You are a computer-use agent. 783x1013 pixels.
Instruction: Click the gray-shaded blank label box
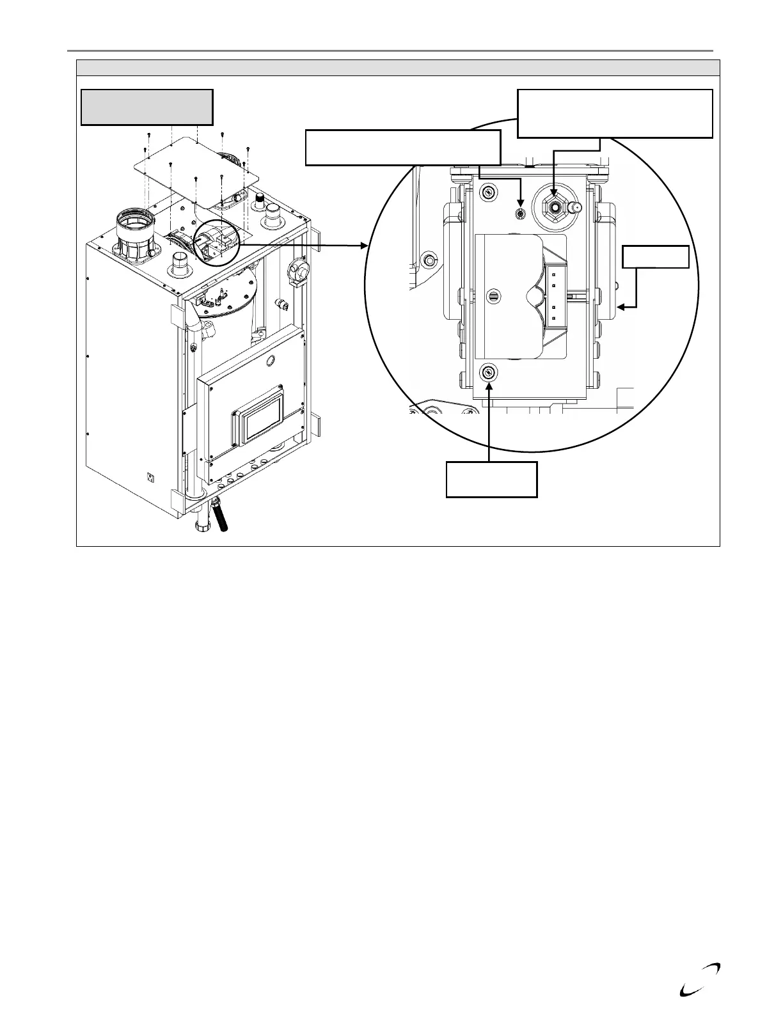tap(146, 107)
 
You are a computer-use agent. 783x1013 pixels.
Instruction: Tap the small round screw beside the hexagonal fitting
tap(521, 212)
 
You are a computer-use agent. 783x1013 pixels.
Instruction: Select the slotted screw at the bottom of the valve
tap(489, 373)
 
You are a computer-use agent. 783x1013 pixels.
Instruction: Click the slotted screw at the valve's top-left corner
tap(489, 192)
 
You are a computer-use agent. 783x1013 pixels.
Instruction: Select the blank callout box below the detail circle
tap(491, 480)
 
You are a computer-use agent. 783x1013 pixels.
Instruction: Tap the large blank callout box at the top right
tap(614, 113)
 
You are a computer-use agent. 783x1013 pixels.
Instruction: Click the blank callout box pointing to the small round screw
tap(402, 147)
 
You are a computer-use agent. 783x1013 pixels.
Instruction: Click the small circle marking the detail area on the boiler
tap(218, 244)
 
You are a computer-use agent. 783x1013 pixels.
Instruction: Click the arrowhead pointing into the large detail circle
tap(365, 245)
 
